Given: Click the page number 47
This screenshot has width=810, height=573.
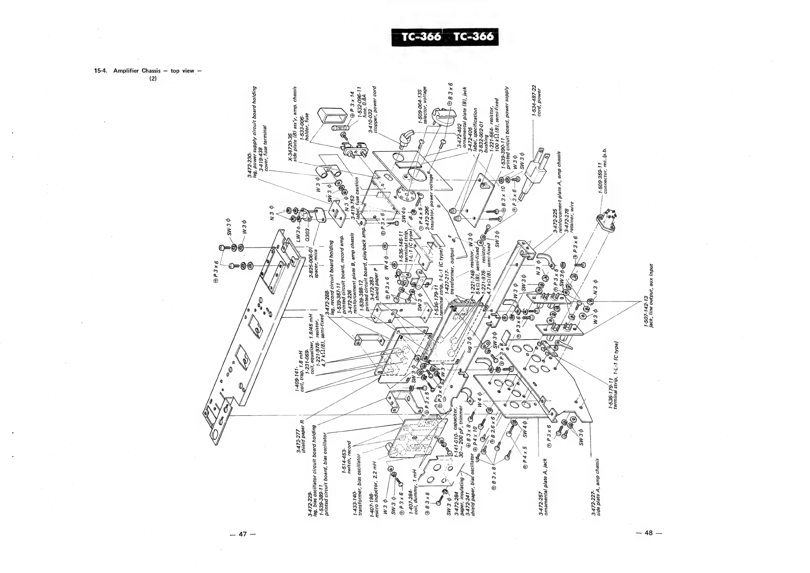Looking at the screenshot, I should click(x=242, y=534).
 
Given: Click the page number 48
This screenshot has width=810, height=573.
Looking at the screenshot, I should click(x=649, y=533).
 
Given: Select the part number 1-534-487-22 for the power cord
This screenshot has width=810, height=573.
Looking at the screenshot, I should click(x=534, y=101).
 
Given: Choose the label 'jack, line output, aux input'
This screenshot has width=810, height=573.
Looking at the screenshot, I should click(x=651, y=295).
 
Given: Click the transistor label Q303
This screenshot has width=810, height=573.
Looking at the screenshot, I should click(x=307, y=229).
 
